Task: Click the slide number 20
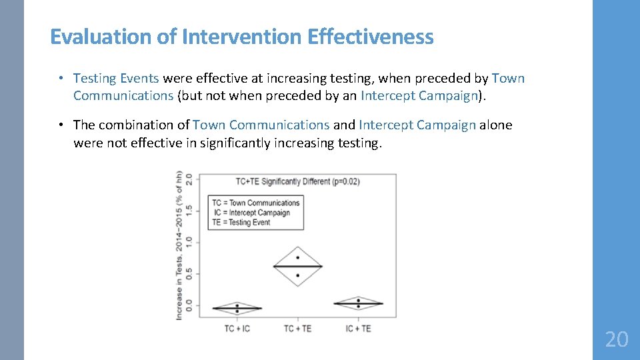click(x=617, y=340)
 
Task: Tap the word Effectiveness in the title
click(x=371, y=36)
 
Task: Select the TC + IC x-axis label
click(x=237, y=328)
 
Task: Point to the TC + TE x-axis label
click(x=297, y=328)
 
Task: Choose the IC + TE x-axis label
click(x=358, y=328)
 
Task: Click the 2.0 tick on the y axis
click(x=189, y=179)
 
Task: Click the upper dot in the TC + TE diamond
click(x=297, y=257)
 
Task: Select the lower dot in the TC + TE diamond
click(x=297, y=275)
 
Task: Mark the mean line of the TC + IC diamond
click(x=237, y=309)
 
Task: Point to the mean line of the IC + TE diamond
click(x=358, y=304)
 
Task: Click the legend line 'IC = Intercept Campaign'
click(x=251, y=213)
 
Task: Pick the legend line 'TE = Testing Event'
click(x=241, y=223)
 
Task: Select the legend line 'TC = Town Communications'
click(x=256, y=203)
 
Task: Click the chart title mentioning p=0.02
click(x=297, y=181)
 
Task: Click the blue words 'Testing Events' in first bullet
click(x=116, y=79)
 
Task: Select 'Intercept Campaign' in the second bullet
click(x=417, y=125)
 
